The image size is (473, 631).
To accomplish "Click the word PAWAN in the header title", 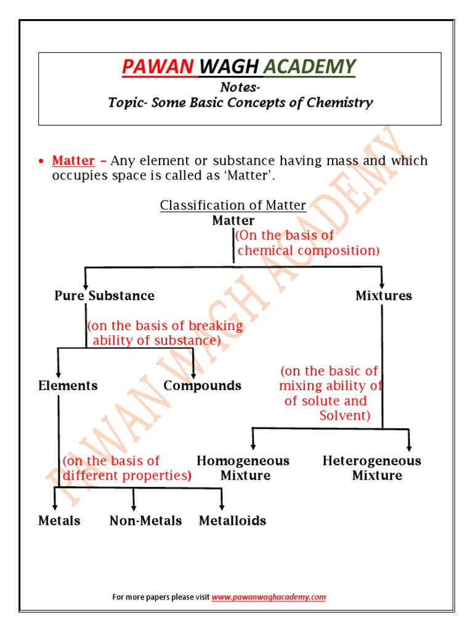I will pyautogui.click(x=158, y=67).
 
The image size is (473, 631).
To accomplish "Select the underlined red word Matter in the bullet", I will pyautogui.click(x=73, y=161).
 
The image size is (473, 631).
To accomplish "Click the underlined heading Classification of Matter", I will pyautogui.click(x=233, y=205).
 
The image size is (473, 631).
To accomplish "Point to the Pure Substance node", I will pyautogui.click(x=104, y=296).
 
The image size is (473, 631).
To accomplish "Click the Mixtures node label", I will pyautogui.click(x=384, y=296).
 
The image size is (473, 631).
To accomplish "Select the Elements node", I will pyautogui.click(x=68, y=386).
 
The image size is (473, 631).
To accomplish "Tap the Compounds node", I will pyautogui.click(x=202, y=386).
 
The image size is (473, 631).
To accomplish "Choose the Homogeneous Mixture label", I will pyautogui.click(x=243, y=468).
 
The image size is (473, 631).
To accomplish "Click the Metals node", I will pyautogui.click(x=59, y=521).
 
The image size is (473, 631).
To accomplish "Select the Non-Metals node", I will pyautogui.click(x=145, y=521).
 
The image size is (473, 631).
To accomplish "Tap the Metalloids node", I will pyautogui.click(x=232, y=521).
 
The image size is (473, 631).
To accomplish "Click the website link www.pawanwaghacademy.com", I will pyautogui.click(x=269, y=597).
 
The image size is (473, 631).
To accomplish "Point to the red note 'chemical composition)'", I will pyautogui.click(x=309, y=251).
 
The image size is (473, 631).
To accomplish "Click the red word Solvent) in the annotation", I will pyautogui.click(x=345, y=415).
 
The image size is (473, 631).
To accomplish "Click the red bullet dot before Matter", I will pyautogui.click(x=41, y=161).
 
